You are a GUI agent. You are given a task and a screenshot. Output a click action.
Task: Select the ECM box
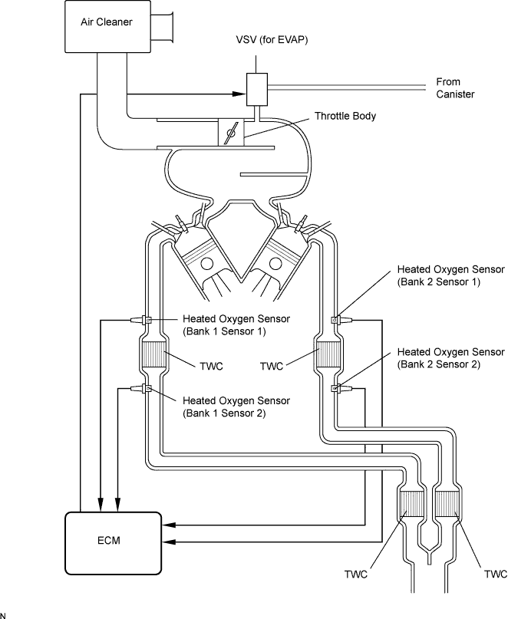113,541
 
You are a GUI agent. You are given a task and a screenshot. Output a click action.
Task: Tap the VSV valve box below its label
256,90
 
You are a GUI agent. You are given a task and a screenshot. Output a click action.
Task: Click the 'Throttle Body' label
344,117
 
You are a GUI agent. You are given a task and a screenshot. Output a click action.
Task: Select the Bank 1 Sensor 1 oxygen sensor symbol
145,319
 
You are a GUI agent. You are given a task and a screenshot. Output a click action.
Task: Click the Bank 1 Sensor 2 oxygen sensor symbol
145,389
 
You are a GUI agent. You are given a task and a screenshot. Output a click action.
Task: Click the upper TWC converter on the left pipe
154,354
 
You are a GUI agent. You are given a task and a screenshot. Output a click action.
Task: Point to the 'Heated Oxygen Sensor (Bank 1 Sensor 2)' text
236,407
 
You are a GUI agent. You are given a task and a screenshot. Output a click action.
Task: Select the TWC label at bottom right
496,574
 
